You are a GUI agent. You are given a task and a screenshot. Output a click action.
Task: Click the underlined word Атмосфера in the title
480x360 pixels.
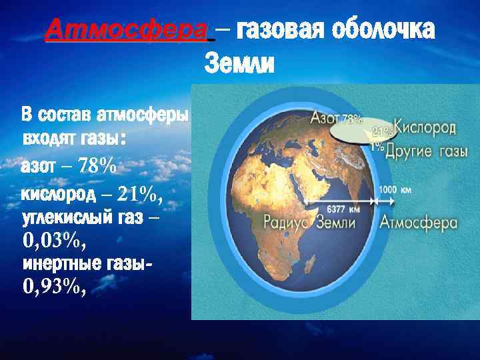127,29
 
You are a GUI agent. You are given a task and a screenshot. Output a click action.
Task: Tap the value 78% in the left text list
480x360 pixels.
97,166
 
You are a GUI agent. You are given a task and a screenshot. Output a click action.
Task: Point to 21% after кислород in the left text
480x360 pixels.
139,194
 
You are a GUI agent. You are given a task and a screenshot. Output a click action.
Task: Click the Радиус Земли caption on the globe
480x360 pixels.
317,223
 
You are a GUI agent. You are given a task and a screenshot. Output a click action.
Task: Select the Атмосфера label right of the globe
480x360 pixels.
418,223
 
